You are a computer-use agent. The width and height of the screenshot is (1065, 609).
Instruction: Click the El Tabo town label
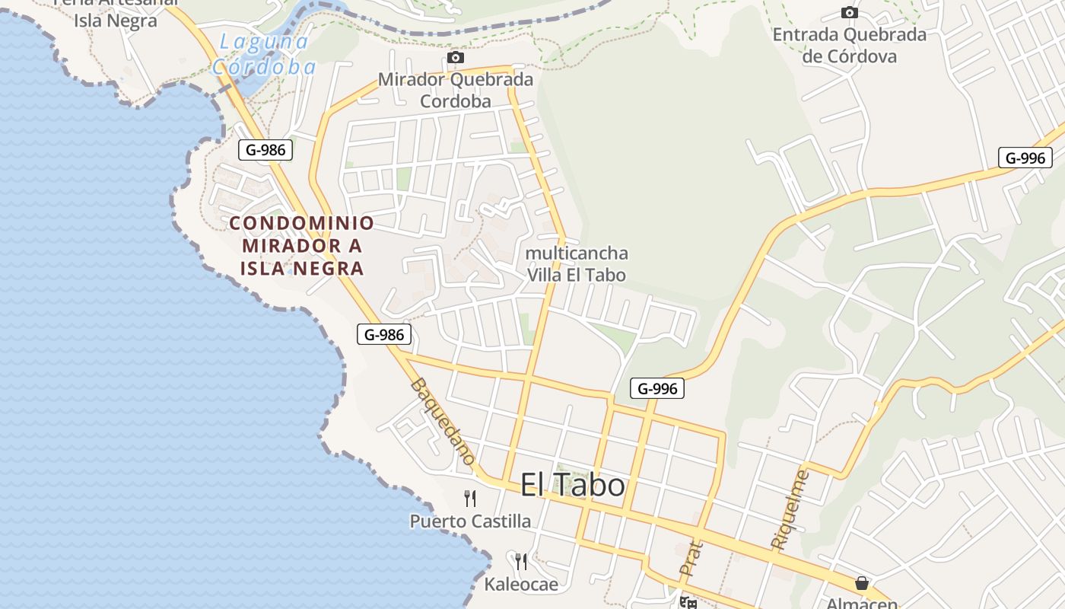click(x=572, y=485)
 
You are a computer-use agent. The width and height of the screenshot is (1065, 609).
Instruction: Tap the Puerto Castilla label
click(x=470, y=521)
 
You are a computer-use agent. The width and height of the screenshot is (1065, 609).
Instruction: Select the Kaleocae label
click(x=521, y=585)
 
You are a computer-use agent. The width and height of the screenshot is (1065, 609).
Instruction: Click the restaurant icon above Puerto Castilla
click(x=470, y=499)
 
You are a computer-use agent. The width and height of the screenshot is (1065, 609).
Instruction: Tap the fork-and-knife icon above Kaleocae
click(x=521, y=562)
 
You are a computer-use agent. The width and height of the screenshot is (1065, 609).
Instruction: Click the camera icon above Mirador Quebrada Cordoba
click(x=456, y=57)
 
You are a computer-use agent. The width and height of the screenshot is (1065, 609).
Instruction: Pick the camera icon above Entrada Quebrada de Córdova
click(x=850, y=12)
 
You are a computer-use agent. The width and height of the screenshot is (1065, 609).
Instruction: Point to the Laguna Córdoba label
click(x=263, y=54)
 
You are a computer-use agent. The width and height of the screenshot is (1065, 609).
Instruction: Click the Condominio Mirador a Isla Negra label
click(x=302, y=245)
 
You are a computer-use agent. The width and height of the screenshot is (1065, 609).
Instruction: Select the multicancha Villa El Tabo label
click(x=577, y=263)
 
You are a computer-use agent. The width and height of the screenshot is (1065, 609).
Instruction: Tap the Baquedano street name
click(x=443, y=421)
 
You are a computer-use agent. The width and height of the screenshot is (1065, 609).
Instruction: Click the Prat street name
click(x=691, y=558)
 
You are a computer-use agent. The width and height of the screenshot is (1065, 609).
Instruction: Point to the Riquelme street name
click(x=790, y=510)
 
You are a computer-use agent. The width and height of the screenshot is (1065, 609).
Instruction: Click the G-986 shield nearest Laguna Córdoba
click(x=265, y=149)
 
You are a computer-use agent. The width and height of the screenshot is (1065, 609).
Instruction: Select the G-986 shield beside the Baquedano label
click(x=384, y=333)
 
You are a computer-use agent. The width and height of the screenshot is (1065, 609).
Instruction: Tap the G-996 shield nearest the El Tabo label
click(x=657, y=388)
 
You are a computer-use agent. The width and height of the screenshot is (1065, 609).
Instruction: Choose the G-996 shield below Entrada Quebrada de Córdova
click(x=1025, y=158)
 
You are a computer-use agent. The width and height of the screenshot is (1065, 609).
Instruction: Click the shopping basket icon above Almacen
click(x=862, y=583)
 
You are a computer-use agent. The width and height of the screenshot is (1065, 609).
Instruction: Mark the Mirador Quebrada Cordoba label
click(x=456, y=90)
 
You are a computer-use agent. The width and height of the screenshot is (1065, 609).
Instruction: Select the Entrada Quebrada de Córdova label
click(x=850, y=45)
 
